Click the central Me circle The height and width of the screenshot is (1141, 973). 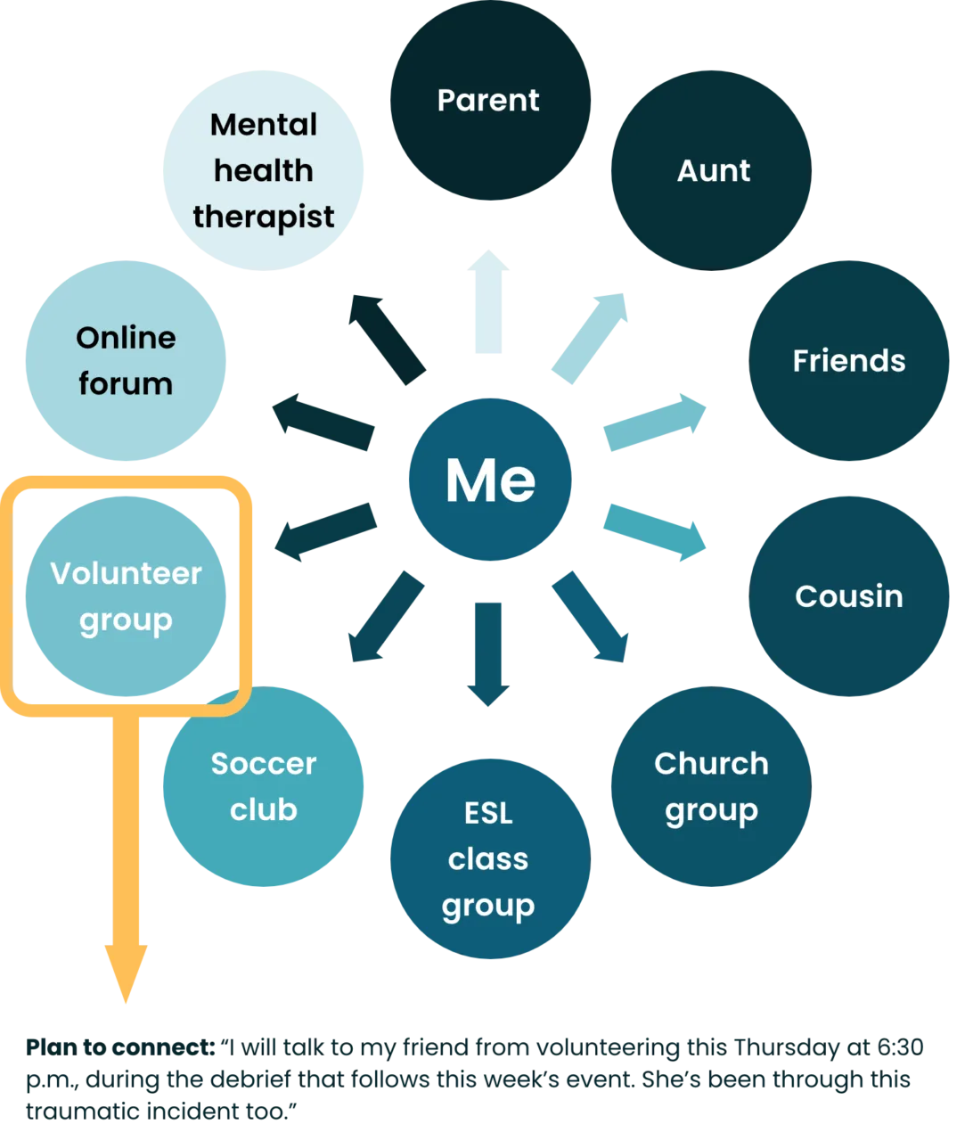pos(490,480)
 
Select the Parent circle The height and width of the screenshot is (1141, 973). pos(490,99)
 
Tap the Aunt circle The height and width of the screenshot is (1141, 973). pos(711,170)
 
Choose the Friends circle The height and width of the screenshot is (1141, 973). pos(849,360)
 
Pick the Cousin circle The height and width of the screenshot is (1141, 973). pos(849,596)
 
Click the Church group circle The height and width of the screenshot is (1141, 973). pos(711,786)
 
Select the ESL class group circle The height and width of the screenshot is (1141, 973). pos(490,859)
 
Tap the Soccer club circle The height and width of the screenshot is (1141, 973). pos(263,786)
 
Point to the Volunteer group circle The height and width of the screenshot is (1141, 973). pos(126,596)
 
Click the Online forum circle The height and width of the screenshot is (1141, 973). pos(126,360)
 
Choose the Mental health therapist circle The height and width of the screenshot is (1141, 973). pos(263,170)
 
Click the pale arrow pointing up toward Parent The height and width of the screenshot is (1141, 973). pos(488,301)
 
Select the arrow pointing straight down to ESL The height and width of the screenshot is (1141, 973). pos(488,654)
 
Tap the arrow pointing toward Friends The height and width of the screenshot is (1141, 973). pos(655,423)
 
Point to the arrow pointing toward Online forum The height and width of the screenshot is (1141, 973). pos(323,423)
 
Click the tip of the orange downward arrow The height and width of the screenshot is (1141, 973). pos(126,1003)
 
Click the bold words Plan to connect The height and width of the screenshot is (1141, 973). pos(120,1047)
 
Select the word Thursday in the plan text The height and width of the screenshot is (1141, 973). pos(786,1047)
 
